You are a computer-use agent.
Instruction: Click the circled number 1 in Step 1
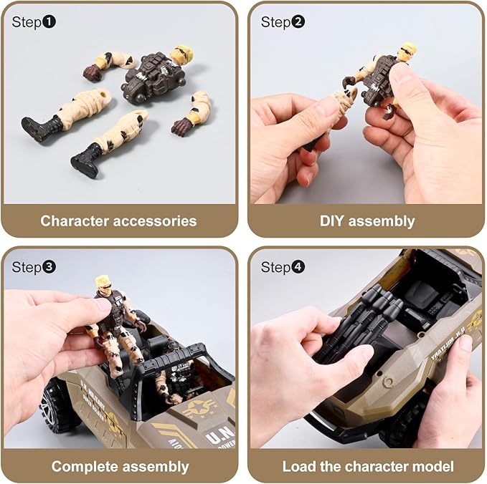[x=49, y=22]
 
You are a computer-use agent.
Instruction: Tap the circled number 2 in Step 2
[x=298, y=22]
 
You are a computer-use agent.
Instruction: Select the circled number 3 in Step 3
[x=49, y=268]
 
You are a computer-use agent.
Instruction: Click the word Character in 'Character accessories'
[x=75, y=221]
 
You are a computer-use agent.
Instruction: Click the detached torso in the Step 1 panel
[x=152, y=77]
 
